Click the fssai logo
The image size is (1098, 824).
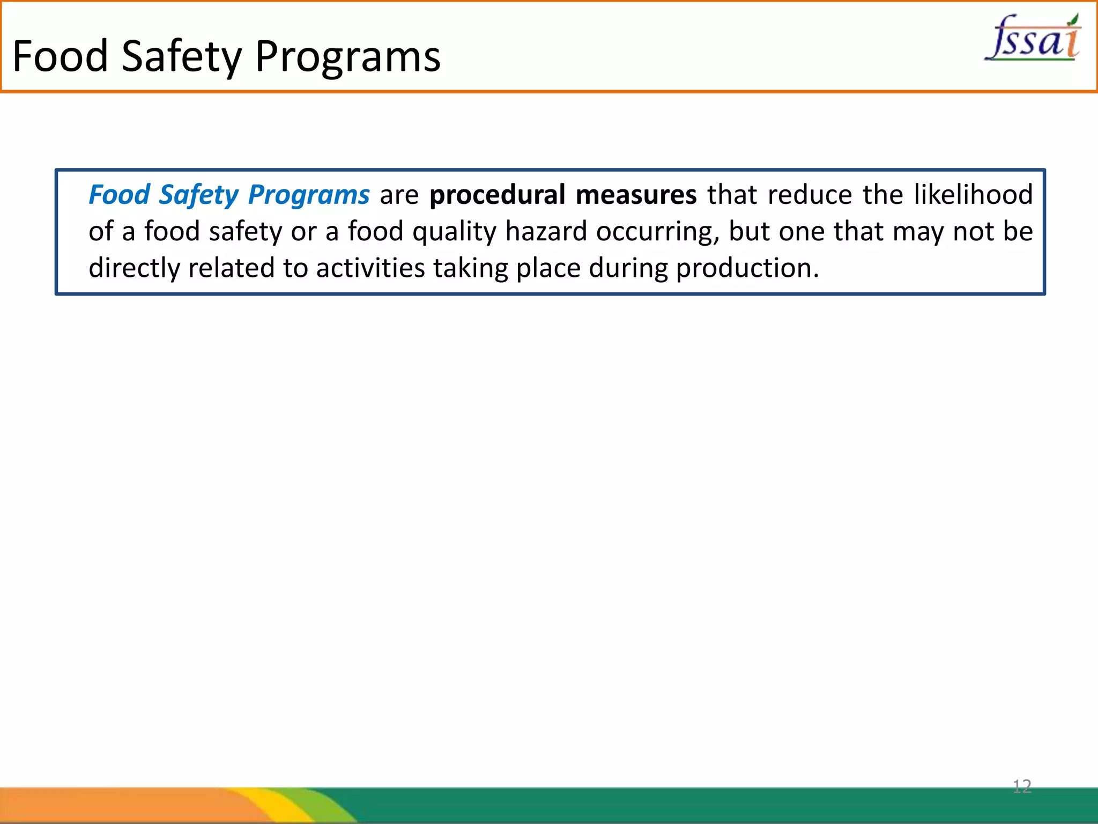point(1033,38)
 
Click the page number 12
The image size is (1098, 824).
point(1022,786)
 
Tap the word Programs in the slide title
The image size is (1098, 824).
point(347,57)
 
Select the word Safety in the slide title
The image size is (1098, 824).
point(182,57)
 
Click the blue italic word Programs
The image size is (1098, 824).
point(309,195)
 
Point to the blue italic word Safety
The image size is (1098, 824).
point(198,195)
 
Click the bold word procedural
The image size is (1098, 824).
point(497,195)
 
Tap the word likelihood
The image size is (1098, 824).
point(973,194)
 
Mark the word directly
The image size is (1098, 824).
point(134,268)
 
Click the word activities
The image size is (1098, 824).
point(370,268)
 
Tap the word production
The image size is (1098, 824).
point(747,268)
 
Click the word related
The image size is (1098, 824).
point(231,268)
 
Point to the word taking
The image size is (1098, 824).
point(470,268)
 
